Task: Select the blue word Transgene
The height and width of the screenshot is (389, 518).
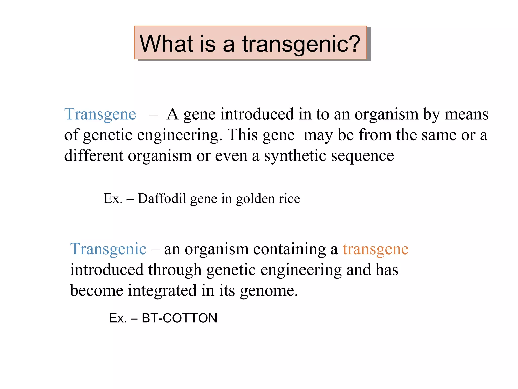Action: (100, 114)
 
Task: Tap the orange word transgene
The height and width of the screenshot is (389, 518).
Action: (375, 249)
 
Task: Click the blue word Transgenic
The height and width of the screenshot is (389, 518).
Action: (108, 249)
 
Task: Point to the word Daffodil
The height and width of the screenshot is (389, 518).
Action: (162, 198)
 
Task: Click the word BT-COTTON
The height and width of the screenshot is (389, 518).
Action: (179, 318)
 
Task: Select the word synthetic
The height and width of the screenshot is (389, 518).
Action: (295, 155)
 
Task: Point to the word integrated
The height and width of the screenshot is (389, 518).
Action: (162, 291)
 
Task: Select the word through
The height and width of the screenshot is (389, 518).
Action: (175, 270)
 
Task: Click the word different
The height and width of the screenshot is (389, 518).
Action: (94, 155)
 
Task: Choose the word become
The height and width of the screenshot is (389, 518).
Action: (97, 290)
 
